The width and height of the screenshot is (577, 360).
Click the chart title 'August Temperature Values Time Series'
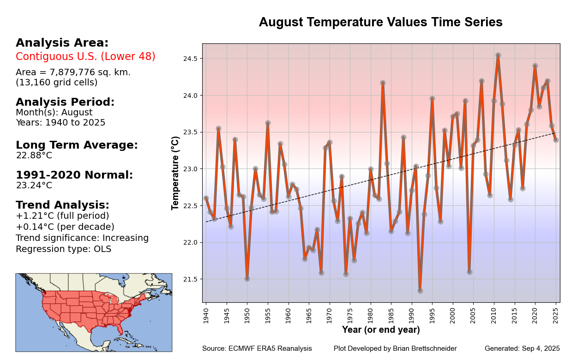pyautogui.click(x=380, y=22)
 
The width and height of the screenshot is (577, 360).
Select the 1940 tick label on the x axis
pyautogui.click(x=206, y=313)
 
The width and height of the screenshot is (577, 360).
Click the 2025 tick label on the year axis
pyautogui.click(x=556, y=313)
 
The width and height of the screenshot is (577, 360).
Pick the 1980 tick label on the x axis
pyautogui.click(x=371, y=313)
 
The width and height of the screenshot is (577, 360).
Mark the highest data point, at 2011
pyautogui.click(x=498, y=55)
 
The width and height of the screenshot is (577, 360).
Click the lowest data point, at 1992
pyautogui.click(x=420, y=291)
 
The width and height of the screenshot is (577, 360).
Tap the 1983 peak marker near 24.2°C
pyautogui.click(x=383, y=83)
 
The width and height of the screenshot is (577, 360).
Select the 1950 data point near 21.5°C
pyautogui.click(x=247, y=279)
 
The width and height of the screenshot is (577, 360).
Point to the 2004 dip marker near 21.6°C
pyautogui.click(x=469, y=272)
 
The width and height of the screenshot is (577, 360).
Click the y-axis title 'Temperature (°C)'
pyautogui.click(x=175, y=173)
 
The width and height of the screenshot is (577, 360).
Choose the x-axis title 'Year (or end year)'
pyautogui.click(x=381, y=330)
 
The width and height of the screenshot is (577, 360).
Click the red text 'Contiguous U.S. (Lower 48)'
pyautogui.click(x=85, y=57)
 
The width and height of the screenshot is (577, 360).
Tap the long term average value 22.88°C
pyautogui.click(x=34, y=156)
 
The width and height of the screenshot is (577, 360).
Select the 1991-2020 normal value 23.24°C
pyautogui.click(x=34, y=186)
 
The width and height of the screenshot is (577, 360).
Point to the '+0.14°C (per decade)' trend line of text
pyautogui.click(x=65, y=227)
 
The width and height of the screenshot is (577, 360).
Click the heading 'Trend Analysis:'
pyautogui.click(x=62, y=205)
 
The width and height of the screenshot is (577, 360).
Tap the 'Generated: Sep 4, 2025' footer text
pyautogui.click(x=522, y=348)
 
